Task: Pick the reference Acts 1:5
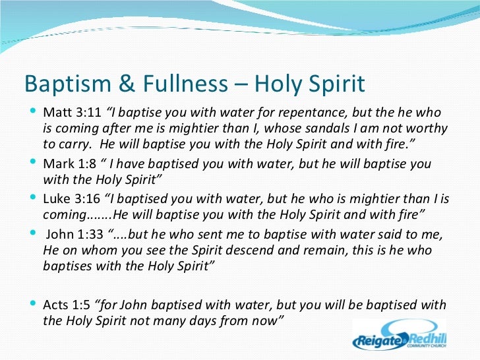click(67, 305)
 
